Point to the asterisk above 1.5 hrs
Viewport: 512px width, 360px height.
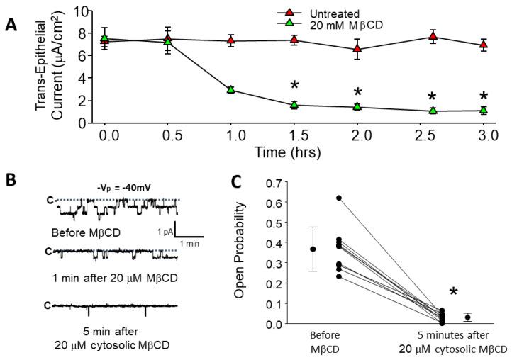click(x=294, y=86)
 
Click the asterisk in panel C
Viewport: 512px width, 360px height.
click(x=452, y=292)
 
